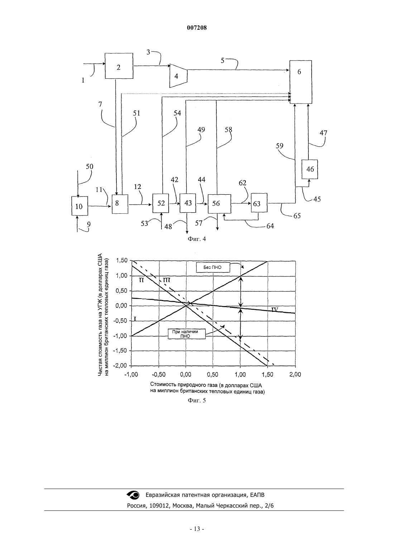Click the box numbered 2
119,66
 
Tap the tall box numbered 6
301,82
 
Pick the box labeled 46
310,169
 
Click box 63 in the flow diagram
259,203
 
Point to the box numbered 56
219,204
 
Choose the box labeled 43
188,203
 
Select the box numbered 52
161,203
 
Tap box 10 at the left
80,205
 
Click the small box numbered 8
120,204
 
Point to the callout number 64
270,226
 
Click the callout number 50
90,166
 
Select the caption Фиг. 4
197,239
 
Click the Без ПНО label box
213,267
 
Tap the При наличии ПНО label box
187,334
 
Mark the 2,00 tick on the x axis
295,374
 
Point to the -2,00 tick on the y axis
120,366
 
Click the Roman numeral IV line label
275,309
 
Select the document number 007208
197,28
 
